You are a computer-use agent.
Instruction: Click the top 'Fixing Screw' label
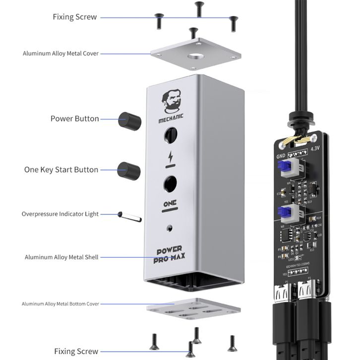pos(74,17)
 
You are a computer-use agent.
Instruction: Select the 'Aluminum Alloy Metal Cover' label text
pos(61,54)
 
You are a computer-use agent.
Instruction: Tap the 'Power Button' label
pos(74,119)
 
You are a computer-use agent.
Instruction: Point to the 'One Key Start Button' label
pos(61,170)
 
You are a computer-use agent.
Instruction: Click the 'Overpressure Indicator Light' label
pos(60,214)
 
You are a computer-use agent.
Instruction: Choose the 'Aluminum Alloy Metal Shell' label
pos(61,257)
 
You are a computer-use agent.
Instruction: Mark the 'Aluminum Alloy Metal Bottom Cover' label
pos(60,303)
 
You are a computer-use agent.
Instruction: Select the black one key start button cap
pos(129,171)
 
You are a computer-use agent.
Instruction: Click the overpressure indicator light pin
pos(130,216)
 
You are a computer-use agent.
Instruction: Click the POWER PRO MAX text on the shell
pos(170,253)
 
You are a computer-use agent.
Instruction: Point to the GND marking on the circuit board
pos(281,155)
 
